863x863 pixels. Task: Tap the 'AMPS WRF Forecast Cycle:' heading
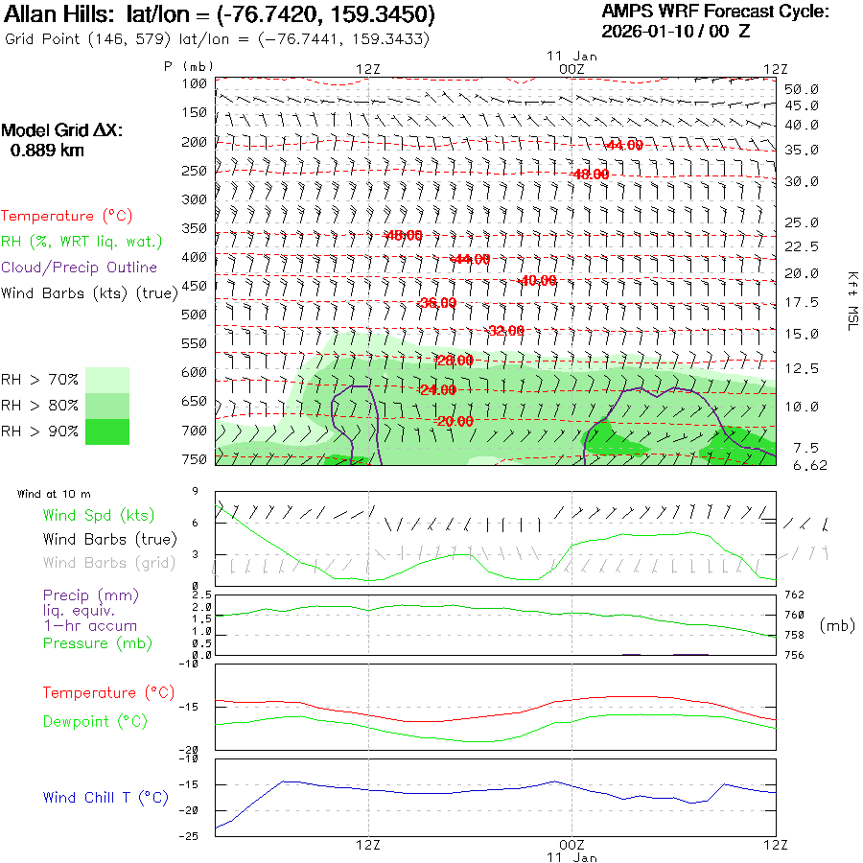(x=715, y=12)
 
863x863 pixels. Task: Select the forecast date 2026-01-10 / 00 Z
(x=676, y=31)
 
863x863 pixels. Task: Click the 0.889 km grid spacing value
(x=47, y=150)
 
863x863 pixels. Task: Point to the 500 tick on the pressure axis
(x=195, y=315)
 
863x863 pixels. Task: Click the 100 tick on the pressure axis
(x=195, y=84)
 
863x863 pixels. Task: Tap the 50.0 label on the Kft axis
(x=802, y=89)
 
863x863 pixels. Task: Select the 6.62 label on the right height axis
(x=810, y=465)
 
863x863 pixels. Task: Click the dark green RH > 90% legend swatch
(x=107, y=431)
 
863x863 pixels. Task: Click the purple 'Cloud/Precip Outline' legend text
(x=79, y=268)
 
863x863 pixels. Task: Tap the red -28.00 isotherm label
(x=454, y=361)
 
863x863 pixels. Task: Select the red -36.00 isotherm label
(x=437, y=303)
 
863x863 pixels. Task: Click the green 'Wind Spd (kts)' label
(x=99, y=516)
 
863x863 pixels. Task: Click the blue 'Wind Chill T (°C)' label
(x=105, y=798)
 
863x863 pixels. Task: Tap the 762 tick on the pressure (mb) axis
(x=795, y=595)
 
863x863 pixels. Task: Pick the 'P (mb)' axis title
(x=189, y=66)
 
